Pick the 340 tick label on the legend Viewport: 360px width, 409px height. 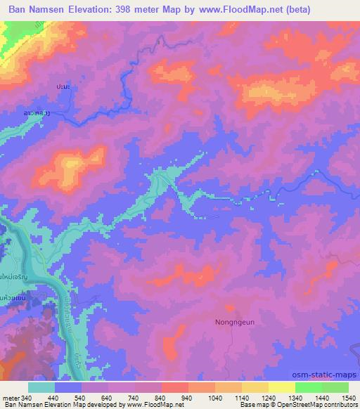[28, 397]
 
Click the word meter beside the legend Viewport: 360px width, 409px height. [11, 397]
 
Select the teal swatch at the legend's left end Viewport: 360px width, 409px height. [41, 387]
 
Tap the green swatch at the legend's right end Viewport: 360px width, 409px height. [335, 387]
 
